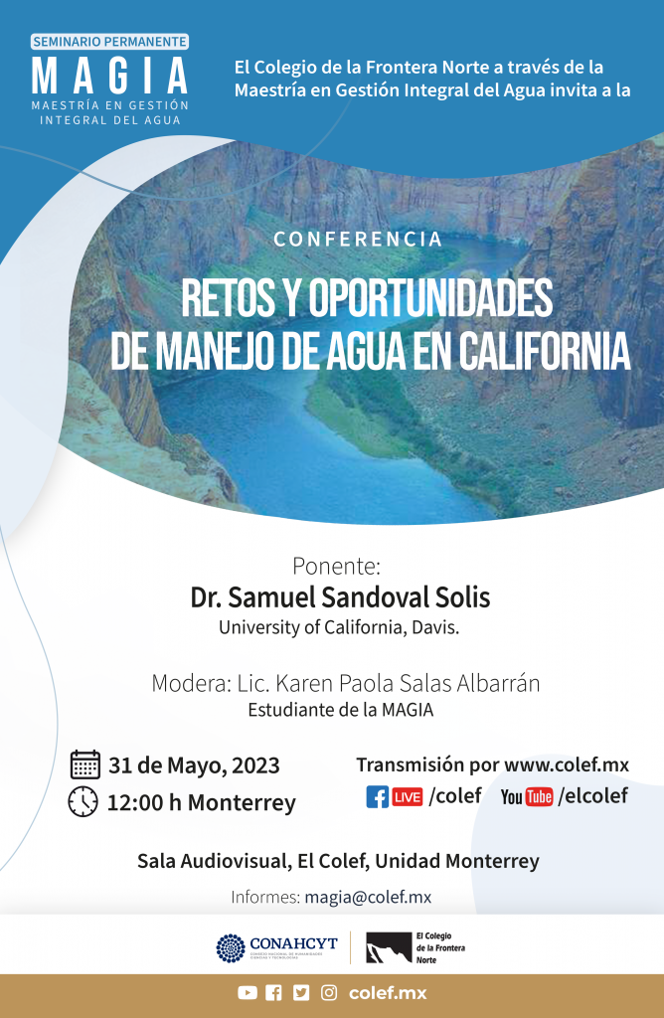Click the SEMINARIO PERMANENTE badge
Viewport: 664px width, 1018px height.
click(x=109, y=42)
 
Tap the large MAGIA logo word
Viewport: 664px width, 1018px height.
click(x=110, y=76)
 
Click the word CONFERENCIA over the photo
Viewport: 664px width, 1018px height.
click(x=358, y=239)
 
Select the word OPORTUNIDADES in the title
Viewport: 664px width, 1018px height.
click(x=430, y=298)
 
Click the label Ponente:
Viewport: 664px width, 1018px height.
click(x=336, y=566)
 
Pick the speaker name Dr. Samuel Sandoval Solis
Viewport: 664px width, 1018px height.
click(x=340, y=597)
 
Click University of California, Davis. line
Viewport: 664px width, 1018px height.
click(x=339, y=627)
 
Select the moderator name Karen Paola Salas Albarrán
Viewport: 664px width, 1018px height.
click(x=408, y=683)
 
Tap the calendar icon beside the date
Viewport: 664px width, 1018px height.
click(x=85, y=764)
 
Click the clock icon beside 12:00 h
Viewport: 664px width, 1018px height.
click(x=83, y=802)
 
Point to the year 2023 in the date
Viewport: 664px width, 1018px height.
click(x=255, y=765)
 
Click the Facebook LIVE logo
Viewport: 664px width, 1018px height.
click(x=395, y=796)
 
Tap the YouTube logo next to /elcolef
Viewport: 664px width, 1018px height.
click(x=527, y=796)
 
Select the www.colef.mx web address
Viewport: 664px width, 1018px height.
click(x=567, y=764)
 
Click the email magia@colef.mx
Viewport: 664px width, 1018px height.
click(x=368, y=898)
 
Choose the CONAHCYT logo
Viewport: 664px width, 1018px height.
click(x=277, y=947)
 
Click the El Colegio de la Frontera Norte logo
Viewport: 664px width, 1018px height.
click(x=415, y=947)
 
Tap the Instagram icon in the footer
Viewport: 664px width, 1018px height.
click(x=329, y=993)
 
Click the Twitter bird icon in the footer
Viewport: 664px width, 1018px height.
click(x=301, y=993)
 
